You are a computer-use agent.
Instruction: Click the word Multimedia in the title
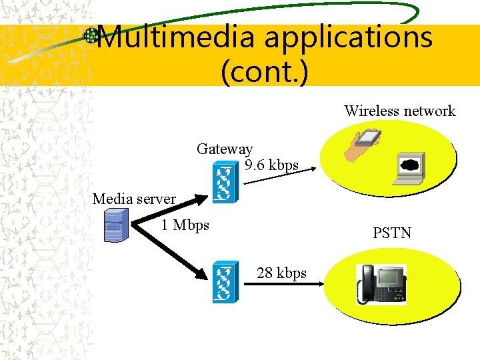pyautogui.click(x=175, y=37)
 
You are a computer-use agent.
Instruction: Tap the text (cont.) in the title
pyautogui.click(x=264, y=71)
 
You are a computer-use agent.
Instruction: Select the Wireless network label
pyautogui.click(x=399, y=111)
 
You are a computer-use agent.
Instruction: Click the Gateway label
pyautogui.click(x=225, y=149)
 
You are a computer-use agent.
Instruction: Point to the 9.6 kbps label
pyautogui.click(x=271, y=165)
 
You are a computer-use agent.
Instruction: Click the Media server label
pyautogui.click(x=134, y=199)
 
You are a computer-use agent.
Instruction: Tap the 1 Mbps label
pyautogui.click(x=185, y=225)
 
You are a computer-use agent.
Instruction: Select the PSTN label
pyautogui.click(x=392, y=233)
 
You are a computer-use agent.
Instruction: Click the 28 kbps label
pyautogui.click(x=281, y=273)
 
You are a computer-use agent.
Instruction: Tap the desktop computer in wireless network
pyautogui.click(x=408, y=167)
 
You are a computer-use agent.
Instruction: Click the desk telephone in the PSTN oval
pyautogui.click(x=382, y=284)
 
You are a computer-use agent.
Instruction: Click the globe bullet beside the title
pyautogui.click(x=91, y=36)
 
